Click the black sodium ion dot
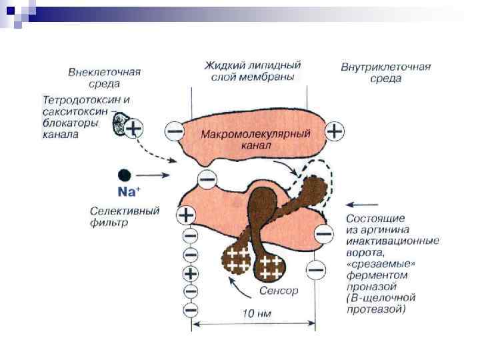pos(124,175)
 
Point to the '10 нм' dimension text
pos(255,313)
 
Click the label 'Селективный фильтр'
pos(125,217)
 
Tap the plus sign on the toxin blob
pos(134,128)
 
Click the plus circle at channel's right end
pos(335,131)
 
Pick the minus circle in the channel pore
pos(207,179)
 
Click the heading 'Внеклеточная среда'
pos(103,77)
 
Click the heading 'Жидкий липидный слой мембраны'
pos(252,70)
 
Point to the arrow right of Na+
pos(158,175)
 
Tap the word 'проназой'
pos(367,284)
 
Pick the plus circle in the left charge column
pos(190,273)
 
